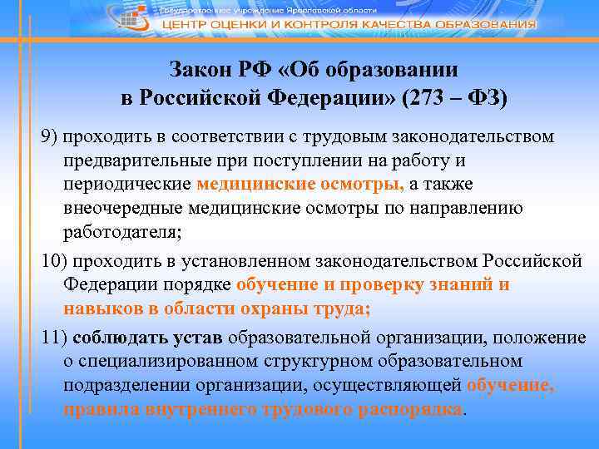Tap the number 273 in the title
coord(424,98)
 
